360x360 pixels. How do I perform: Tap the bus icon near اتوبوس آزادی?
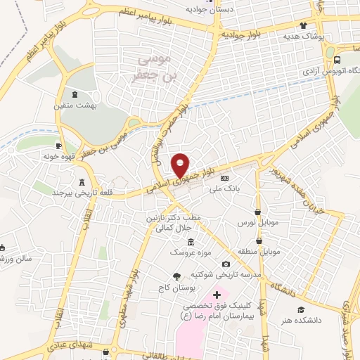[x=337, y=60]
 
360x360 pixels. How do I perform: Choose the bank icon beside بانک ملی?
[x=224, y=178]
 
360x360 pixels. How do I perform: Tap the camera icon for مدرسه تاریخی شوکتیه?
[x=225, y=263]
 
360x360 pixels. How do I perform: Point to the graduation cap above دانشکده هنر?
[x=302, y=309]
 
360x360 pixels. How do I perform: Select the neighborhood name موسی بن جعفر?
[x=154, y=68]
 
